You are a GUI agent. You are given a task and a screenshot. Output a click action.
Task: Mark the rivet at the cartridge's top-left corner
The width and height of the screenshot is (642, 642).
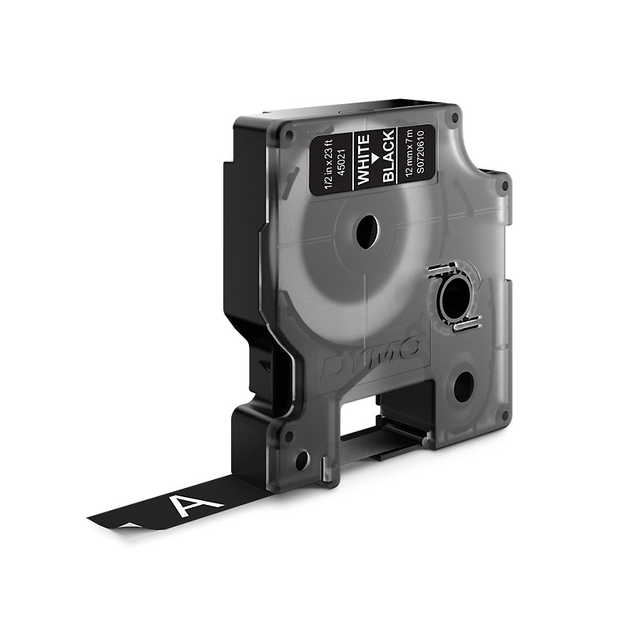pyautogui.click(x=290, y=133)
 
